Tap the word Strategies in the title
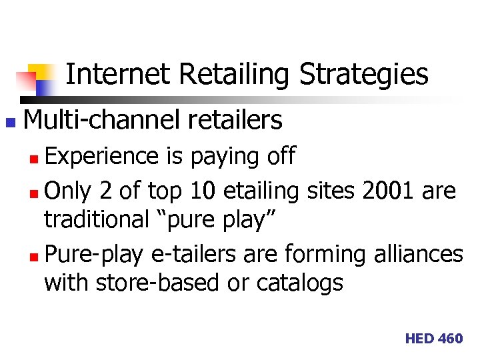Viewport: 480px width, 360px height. pyautogui.click(x=364, y=75)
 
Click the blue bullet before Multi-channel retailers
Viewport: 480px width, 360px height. pyautogui.click(x=9, y=123)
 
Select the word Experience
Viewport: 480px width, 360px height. pyautogui.click(x=101, y=156)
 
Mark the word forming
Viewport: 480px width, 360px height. pyautogui.click(x=316, y=255)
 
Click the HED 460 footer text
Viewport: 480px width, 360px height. pyautogui.click(x=433, y=339)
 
